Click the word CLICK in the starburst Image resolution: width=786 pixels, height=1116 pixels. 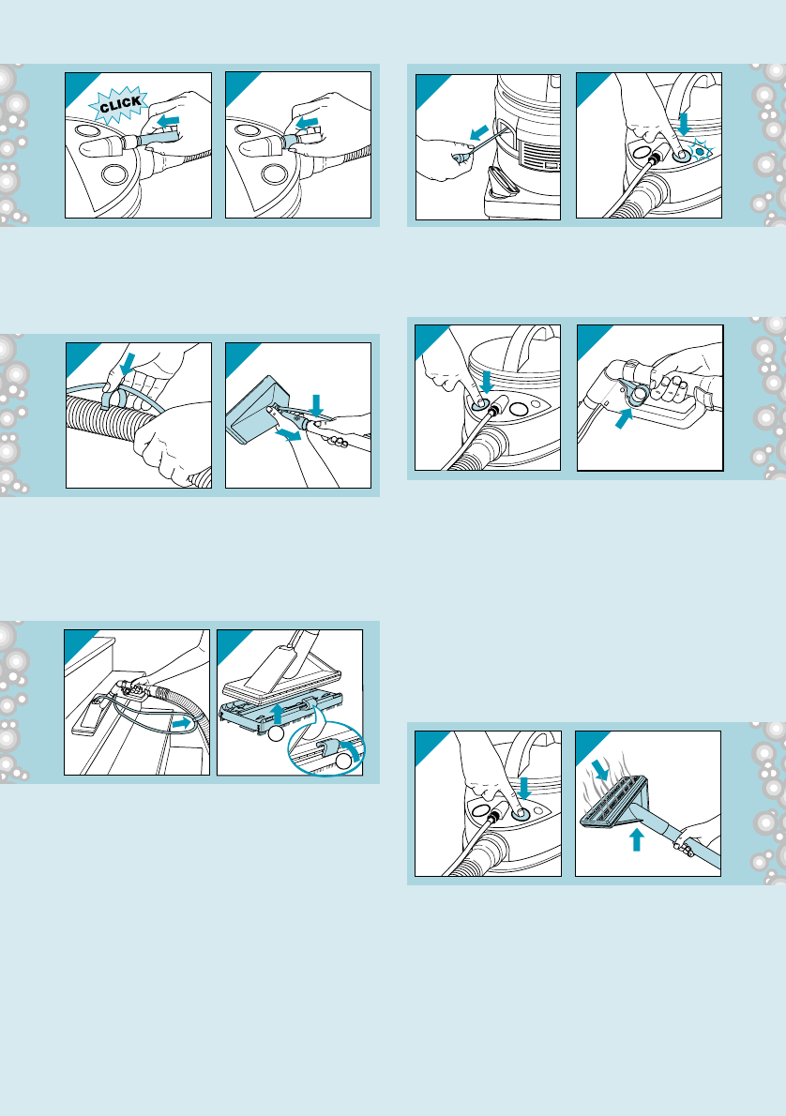click(x=120, y=105)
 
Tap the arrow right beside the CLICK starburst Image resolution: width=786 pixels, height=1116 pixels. click(x=168, y=121)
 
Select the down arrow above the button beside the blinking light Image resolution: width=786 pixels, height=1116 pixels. click(x=684, y=123)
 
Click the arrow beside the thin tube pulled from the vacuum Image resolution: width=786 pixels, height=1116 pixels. click(x=479, y=133)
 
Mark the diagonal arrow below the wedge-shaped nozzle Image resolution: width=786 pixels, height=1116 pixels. click(x=288, y=434)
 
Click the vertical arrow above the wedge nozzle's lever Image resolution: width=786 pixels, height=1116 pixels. click(x=317, y=405)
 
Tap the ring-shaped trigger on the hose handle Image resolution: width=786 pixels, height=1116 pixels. click(x=636, y=393)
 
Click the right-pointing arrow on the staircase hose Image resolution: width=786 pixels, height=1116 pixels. click(x=182, y=722)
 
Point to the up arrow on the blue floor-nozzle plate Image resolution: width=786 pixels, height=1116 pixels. click(x=279, y=714)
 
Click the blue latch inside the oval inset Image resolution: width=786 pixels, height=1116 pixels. click(x=328, y=748)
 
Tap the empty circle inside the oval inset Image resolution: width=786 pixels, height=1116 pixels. click(x=344, y=761)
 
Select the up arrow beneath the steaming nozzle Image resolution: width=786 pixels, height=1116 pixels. click(x=637, y=838)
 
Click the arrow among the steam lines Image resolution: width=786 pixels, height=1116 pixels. click(x=601, y=769)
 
